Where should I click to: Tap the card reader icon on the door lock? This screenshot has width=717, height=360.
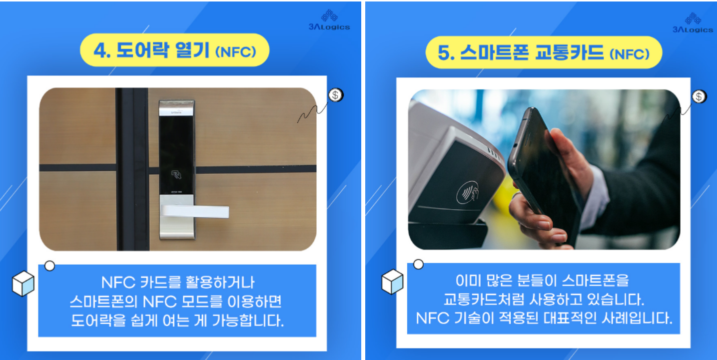coord(176,175)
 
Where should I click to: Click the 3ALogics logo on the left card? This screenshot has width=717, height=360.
coord(329,21)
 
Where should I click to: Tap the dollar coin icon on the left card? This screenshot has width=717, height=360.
coord(336,94)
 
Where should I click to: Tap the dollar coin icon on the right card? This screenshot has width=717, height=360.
coord(700,96)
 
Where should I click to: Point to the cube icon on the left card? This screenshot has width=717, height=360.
coord(23,284)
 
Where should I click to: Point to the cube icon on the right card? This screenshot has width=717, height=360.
coord(392,282)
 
